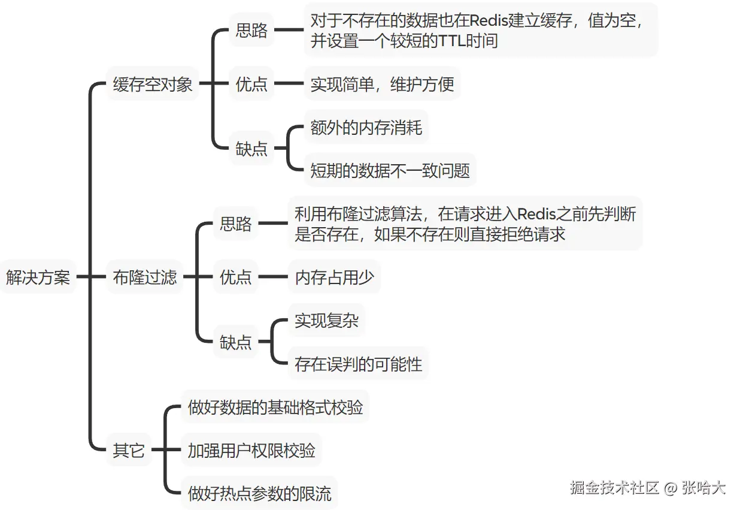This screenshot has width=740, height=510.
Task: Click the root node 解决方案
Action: (x=38, y=277)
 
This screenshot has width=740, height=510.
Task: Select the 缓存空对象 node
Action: (x=153, y=84)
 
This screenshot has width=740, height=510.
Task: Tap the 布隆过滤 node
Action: (x=145, y=277)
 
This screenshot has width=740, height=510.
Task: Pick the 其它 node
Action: (x=129, y=450)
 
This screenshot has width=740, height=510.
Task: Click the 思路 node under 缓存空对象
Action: (x=251, y=31)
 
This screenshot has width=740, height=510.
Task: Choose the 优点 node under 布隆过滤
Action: (x=236, y=277)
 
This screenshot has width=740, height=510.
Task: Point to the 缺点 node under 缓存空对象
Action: (x=251, y=149)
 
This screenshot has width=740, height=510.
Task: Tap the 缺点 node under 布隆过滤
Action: (x=236, y=342)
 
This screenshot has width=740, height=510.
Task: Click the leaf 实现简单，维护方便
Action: (x=382, y=85)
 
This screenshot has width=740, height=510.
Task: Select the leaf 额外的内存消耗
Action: (x=366, y=127)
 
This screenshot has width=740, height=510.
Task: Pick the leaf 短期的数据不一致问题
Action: (x=390, y=171)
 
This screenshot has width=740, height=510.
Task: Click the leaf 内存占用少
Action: (x=334, y=277)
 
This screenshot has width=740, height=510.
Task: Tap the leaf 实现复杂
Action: (x=326, y=321)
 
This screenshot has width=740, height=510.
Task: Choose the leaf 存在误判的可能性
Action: (x=358, y=364)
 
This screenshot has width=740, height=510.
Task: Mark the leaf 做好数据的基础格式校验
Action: (x=275, y=408)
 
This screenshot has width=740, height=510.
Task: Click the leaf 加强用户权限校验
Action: (x=251, y=450)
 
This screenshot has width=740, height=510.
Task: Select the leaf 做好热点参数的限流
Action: (x=259, y=494)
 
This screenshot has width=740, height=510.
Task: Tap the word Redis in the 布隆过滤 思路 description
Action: (x=538, y=213)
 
